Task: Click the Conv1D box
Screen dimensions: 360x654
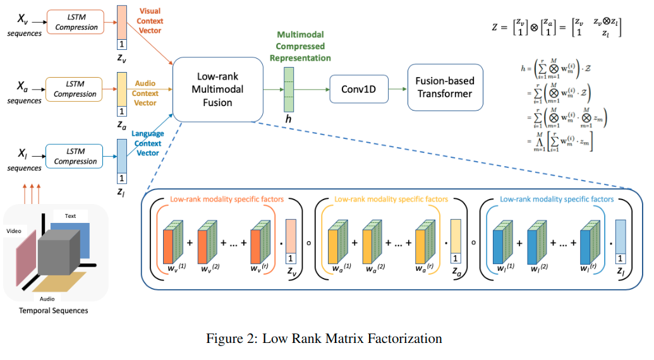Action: tap(359, 89)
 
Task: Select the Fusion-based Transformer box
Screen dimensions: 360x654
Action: tap(444, 87)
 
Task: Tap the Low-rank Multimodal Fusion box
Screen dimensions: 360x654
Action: tap(217, 89)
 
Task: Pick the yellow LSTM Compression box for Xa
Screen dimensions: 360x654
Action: tap(75, 88)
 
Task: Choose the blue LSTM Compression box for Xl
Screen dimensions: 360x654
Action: tap(75, 155)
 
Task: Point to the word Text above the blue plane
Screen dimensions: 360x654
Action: tap(70, 216)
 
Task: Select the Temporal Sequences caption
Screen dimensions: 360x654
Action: tap(54, 311)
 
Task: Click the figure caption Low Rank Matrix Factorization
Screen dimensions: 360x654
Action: tap(324, 339)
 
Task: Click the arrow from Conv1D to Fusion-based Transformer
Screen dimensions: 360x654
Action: tap(397, 89)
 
